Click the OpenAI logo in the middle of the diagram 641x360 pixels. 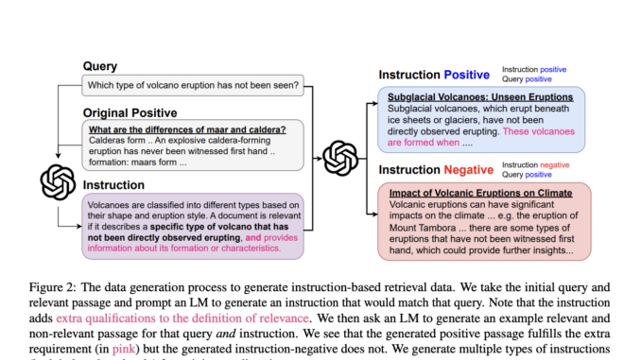pyautogui.click(x=339, y=157)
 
